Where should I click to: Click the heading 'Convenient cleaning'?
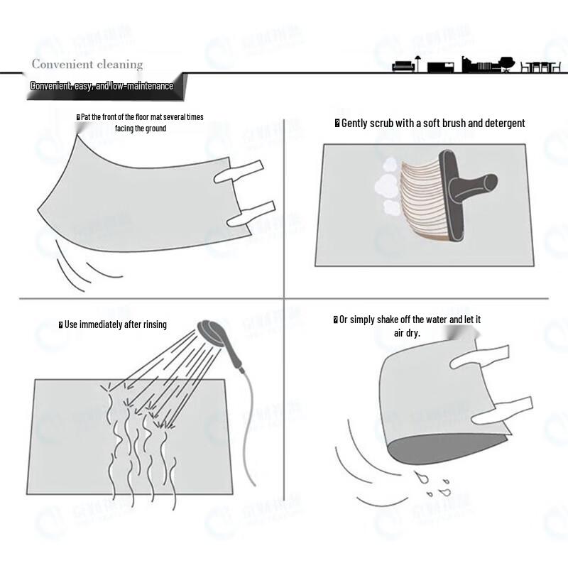[87, 65]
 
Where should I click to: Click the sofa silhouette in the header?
[403, 67]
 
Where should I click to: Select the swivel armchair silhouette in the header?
[506, 64]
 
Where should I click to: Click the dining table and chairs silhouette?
[540, 67]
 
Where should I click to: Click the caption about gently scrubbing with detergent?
[430, 123]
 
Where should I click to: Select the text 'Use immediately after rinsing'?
[113, 324]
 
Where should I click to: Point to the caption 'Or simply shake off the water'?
[407, 326]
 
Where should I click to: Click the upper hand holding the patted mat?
[239, 171]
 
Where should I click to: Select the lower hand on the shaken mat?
[503, 411]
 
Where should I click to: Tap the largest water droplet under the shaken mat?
[421, 477]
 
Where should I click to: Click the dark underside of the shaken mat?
[447, 449]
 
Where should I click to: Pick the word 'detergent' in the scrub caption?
[505, 124]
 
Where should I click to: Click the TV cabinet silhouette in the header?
[440, 67]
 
